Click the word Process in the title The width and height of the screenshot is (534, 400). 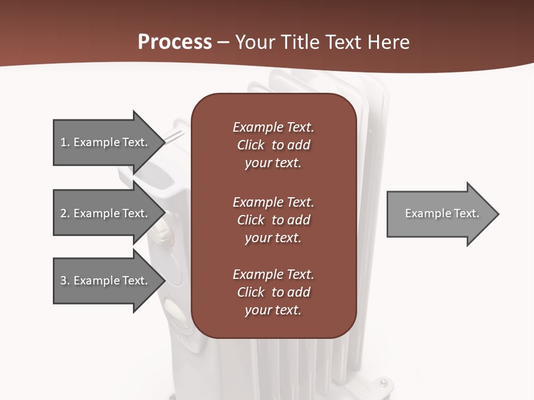pyautogui.click(x=175, y=42)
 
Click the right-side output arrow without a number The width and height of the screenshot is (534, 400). pyautogui.click(x=439, y=214)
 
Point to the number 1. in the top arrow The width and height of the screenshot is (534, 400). pyautogui.click(x=65, y=142)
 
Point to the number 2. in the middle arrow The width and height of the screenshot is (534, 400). pyautogui.click(x=65, y=213)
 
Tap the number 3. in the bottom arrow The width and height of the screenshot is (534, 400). pyautogui.click(x=65, y=281)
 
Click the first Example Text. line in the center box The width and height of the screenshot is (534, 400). pyautogui.click(x=273, y=127)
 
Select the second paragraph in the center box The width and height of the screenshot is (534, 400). pyautogui.click(x=273, y=220)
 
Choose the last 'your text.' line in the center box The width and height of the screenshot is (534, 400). pyautogui.click(x=273, y=310)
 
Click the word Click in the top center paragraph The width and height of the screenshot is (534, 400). pyautogui.click(x=250, y=145)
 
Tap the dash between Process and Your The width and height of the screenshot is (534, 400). pyautogui.click(x=224, y=42)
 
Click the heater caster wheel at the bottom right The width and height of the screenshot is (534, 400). pyautogui.click(x=383, y=383)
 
